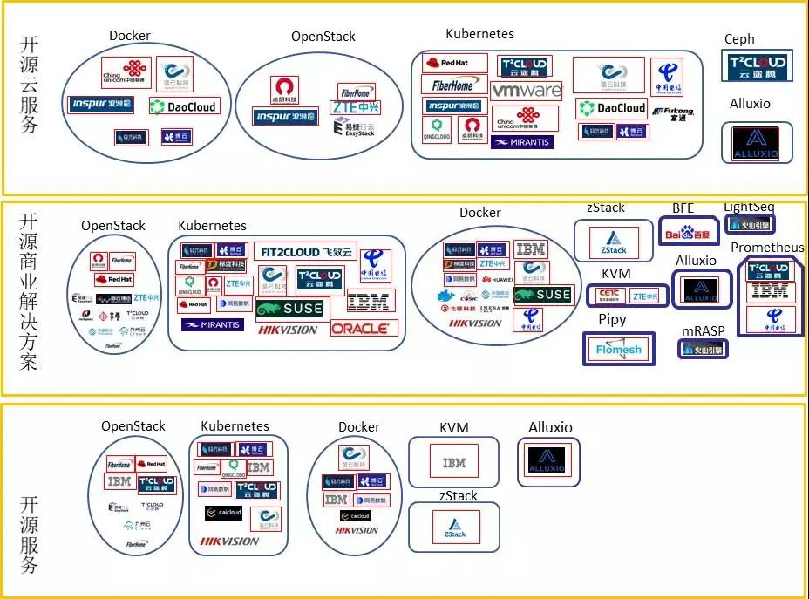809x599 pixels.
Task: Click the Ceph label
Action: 739,39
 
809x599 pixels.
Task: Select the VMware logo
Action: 527,91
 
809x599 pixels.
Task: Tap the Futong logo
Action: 679,112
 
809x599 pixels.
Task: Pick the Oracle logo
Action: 364,329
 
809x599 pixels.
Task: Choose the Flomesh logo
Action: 618,350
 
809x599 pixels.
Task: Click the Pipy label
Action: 612,320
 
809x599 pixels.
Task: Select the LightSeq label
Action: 749,207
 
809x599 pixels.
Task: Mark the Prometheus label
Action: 767,248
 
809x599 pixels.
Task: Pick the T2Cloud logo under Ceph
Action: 757,65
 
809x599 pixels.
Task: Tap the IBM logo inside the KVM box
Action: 454,463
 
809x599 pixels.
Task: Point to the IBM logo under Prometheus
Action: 770,291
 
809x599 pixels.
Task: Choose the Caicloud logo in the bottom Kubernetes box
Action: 223,513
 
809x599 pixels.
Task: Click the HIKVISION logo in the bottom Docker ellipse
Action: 356,530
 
